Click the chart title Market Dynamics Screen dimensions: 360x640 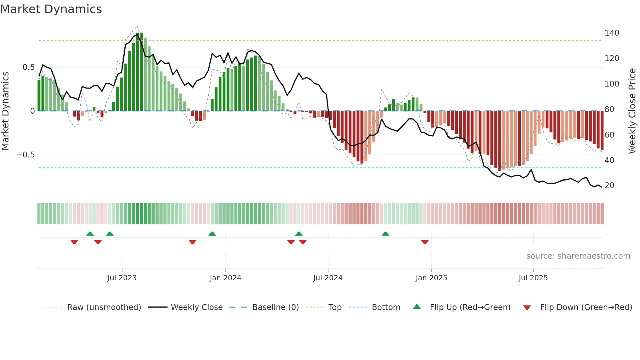pos(51,9)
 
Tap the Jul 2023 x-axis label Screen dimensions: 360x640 pos(122,278)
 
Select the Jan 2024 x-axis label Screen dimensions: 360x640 pos(225,278)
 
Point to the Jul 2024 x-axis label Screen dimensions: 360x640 pos(328,278)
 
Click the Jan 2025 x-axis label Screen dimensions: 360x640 pos(431,278)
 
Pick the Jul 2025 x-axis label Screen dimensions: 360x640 pos(533,278)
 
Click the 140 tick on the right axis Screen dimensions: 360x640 pos(612,33)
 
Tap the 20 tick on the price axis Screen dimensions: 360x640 pos(609,186)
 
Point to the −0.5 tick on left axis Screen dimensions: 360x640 pos(26,155)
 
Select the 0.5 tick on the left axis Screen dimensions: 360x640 pos(28,67)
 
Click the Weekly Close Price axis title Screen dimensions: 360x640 pos(632,111)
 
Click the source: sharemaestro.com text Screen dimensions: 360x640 pos(578,256)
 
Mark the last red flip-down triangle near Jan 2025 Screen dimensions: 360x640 pos(425,242)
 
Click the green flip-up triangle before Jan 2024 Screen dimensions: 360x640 pos(212,234)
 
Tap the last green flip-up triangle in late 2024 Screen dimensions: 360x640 pos(385,234)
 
